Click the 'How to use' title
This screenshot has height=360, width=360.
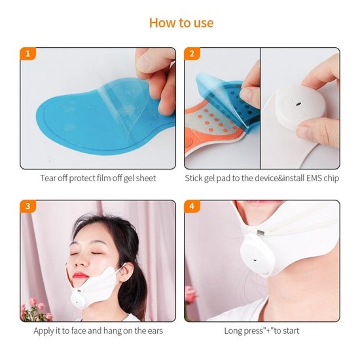click(x=181, y=23)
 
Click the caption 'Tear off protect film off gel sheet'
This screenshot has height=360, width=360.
click(x=98, y=178)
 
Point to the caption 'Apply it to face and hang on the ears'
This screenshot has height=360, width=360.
click(x=98, y=331)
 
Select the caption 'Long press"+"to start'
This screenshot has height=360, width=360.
click(x=262, y=331)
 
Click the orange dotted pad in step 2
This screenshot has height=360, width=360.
click(x=216, y=124)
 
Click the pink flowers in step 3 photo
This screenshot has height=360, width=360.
click(x=36, y=310)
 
